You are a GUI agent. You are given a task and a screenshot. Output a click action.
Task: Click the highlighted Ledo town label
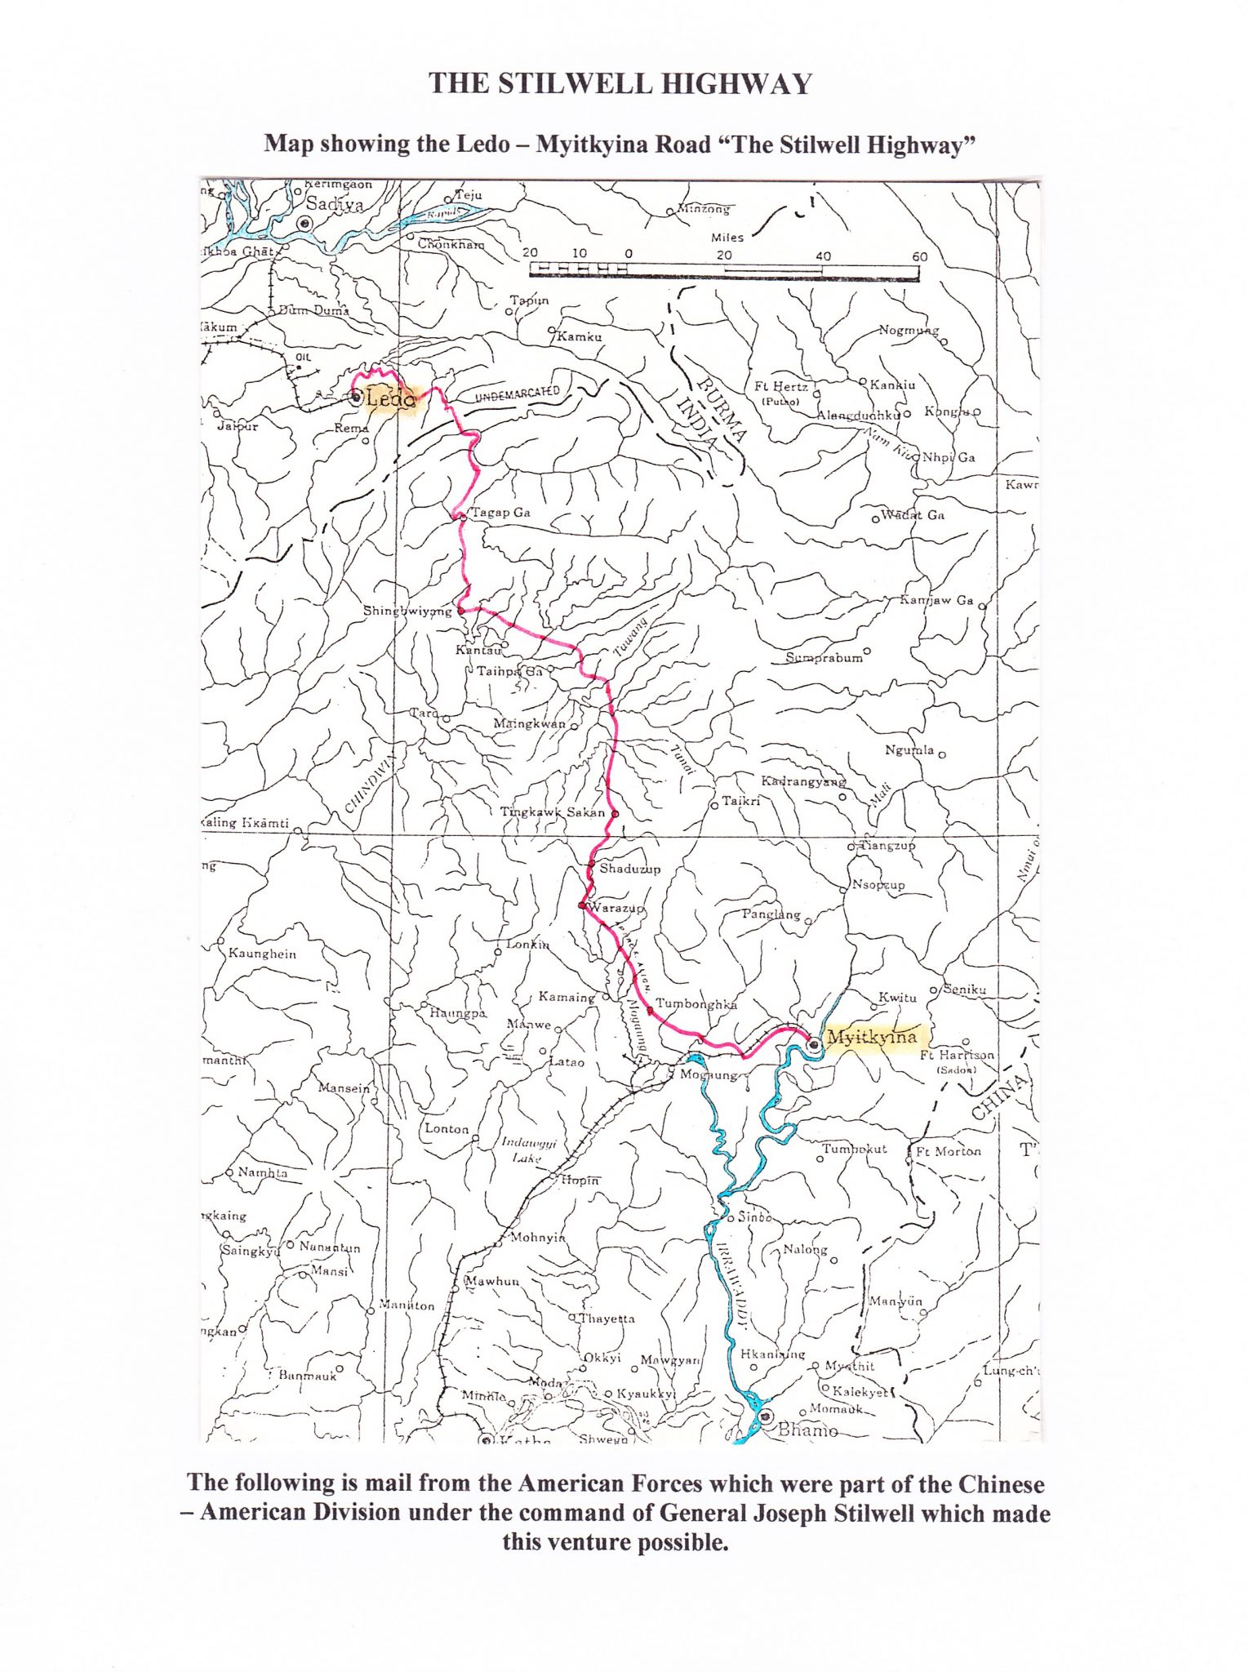pos(391,398)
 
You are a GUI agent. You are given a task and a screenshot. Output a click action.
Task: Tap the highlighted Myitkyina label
pos(871,1038)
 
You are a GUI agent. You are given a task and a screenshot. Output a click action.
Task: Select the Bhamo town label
pos(807,1430)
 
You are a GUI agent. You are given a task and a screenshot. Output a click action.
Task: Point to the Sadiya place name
pos(335,205)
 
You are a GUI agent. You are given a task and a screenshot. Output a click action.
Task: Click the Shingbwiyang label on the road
pos(407,611)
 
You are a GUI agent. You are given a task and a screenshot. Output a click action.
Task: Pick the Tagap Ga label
pos(501,513)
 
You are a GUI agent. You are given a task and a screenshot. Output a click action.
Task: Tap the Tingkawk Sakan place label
pos(553,812)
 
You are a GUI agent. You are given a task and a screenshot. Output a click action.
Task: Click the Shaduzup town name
pos(629,869)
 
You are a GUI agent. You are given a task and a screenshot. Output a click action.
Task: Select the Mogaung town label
pos(709,1075)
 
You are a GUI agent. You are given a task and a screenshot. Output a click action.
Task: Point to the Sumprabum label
pos(824,658)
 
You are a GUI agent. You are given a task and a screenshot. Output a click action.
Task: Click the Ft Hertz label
pos(781,387)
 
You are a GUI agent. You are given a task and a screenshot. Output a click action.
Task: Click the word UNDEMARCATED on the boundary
pos(518,395)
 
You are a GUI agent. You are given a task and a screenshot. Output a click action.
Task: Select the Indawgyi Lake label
pos(528,1150)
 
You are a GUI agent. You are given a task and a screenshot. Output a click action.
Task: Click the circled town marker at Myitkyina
pos(813,1044)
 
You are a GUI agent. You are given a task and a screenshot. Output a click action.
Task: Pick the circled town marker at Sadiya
pos(305,223)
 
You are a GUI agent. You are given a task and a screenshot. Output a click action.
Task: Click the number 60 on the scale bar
pos(919,256)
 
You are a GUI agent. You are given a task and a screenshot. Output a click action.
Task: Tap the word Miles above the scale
pos(727,238)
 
